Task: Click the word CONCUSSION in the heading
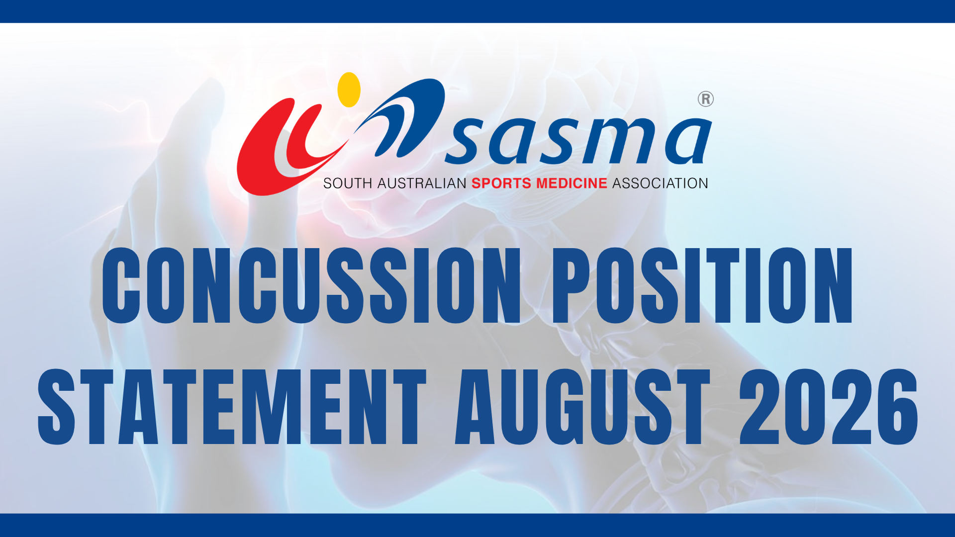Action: pyautogui.click(x=311, y=285)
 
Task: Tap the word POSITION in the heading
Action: pyautogui.click(x=703, y=285)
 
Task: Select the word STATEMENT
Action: pyautogui.click(x=232, y=407)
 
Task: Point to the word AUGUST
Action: pyautogui.click(x=582, y=407)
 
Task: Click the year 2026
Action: pyautogui.click(x=829, y=407)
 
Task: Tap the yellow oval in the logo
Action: pyautogui.click(x=349, y=89)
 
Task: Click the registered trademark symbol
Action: pyautogui.click(x=705, y=99)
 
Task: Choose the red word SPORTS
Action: pyautogui.click(x=501, y=183)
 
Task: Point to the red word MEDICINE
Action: pyautogui.click(x=572, y=183)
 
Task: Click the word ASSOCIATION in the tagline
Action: pyautogui.click(x=660, y=183)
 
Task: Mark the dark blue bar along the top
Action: pyautogui.click(x=477, y=11)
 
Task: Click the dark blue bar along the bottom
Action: pyautogui.click(x=477, y=525)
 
